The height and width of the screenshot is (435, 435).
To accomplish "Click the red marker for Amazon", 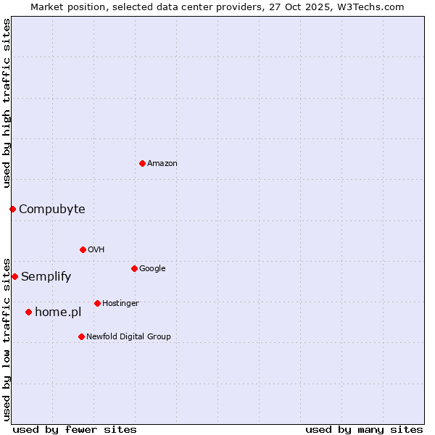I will point(142,163).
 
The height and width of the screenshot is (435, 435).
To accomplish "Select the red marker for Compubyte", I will point(12,209).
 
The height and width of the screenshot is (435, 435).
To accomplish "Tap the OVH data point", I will point(83,249).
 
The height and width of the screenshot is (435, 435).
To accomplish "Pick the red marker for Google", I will point(134,268).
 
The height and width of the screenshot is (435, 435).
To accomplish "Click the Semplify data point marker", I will point(14,276).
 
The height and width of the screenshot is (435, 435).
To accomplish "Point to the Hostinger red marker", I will point(97,303).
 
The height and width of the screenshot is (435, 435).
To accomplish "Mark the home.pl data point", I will point(28,312).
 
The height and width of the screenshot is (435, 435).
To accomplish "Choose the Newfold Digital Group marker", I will point(81,336).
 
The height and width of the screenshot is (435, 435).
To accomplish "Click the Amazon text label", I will point(162,164).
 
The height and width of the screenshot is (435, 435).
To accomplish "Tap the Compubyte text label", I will point(51,210).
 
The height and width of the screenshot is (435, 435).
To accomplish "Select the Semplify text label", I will point(46,277).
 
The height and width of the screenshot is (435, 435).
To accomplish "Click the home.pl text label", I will point(58,312).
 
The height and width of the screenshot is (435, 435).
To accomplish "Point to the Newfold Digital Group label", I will point(128,336).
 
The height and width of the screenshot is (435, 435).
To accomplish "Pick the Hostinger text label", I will point(120,303).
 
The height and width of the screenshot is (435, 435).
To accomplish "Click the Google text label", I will point(152,269).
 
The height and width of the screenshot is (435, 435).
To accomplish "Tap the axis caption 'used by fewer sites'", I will point(75,429).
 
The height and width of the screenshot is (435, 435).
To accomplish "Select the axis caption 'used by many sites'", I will point(364,429).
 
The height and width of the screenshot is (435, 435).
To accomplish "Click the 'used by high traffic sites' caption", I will point(7,103).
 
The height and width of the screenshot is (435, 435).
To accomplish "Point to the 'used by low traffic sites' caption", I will point(7,339).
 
